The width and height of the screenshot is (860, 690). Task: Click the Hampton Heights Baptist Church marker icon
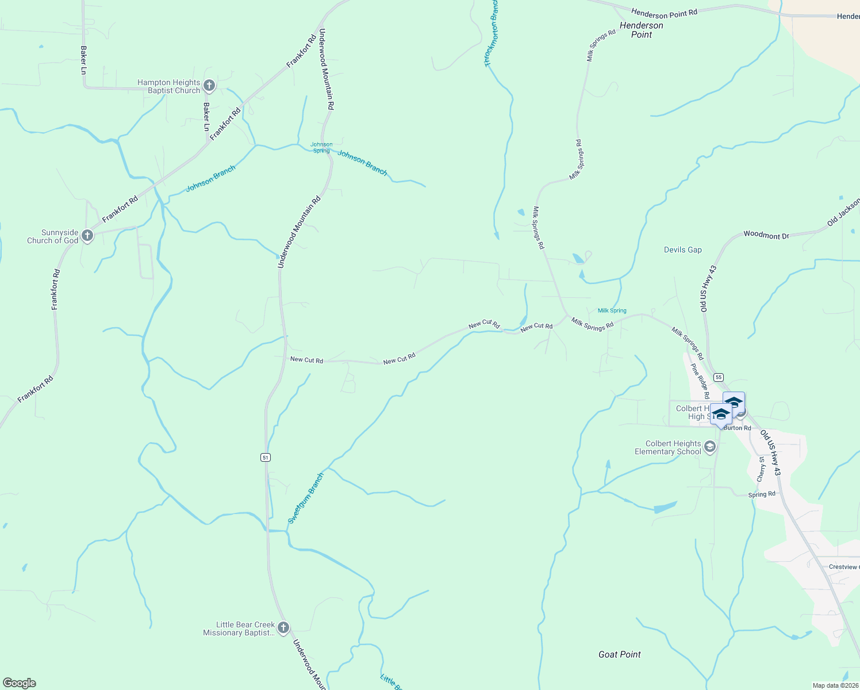tap(209, 86)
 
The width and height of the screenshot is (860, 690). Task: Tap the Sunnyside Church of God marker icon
tap(87, 236)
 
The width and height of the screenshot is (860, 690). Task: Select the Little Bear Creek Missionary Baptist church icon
tap(283, 628)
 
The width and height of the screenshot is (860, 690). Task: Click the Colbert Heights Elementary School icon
tap(710, 447)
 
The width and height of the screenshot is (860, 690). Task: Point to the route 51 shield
tap(265, 457)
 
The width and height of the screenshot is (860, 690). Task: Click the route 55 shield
tap(719, 377)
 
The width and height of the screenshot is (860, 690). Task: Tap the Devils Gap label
tap(682, 250)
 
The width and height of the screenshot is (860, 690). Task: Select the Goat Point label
tap(619, 654)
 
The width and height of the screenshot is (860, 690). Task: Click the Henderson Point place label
tap(642, 30)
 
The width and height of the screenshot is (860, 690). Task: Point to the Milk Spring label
tap(612, 310)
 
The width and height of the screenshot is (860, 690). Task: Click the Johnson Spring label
tap(321, 148)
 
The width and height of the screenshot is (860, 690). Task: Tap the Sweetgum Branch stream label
tap(306, 498)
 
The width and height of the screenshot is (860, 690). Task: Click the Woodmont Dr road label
tap(766, 235)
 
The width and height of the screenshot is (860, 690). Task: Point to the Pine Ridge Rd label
tap(700, 381)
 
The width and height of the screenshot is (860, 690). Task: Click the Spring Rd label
tap(762, 494)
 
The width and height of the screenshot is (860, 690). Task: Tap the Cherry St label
tap(762, 469)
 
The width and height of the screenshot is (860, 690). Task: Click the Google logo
tap(20, 683)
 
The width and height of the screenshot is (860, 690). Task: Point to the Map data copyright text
tap(835, 685)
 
